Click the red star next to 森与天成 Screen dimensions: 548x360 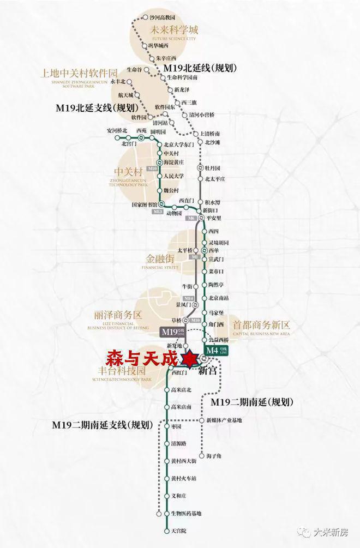(190, 360)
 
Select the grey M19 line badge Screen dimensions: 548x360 (170, 332)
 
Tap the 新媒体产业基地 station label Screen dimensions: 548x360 (224, 420)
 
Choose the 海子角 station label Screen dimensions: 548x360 (214, 456)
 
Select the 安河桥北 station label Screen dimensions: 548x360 (117, 130)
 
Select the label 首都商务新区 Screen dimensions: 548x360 (261, 324)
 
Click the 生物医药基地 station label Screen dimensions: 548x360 (186, 514)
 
